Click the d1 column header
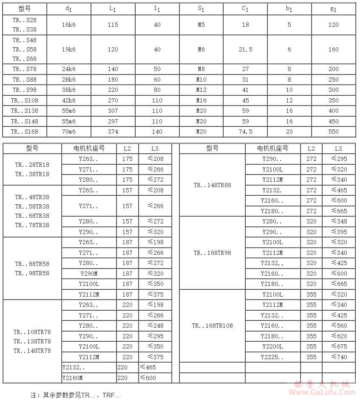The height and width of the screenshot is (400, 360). [68, 9]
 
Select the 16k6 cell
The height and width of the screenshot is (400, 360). [68, 25]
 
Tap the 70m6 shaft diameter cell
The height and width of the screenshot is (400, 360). [68, 131]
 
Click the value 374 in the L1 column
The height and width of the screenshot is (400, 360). [113, 131]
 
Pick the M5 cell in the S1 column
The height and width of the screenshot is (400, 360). [201, 25]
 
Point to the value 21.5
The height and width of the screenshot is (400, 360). [245, 49]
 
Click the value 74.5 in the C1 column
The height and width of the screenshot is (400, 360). [245, 131]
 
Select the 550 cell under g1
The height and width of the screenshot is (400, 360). [333, 131]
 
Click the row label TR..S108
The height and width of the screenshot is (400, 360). [25, 100]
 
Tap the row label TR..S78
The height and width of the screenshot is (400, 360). [25, 69]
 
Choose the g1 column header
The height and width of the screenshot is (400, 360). [333, 9]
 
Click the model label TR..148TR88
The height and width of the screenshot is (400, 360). [212, 185]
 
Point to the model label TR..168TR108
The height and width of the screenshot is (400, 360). [212, 326]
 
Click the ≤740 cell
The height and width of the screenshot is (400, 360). [338, 357]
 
